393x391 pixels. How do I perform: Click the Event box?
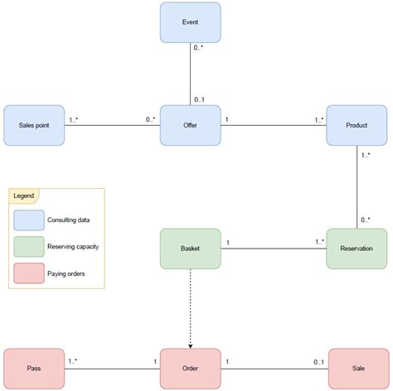point(190,23)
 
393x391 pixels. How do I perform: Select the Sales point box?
point(34,125)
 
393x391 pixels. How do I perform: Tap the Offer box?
point(190,125)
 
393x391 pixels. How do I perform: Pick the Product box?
point(357,125)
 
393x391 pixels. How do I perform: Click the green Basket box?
point(190,248)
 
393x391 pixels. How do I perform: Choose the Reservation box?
point(357,248)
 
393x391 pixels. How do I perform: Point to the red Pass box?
point(34,369)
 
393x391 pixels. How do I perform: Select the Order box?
point(190,369)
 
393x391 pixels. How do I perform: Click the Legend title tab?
point(24,196)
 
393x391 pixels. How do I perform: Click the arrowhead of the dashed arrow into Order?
point(190,345)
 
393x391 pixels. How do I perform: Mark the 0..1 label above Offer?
point(200,99)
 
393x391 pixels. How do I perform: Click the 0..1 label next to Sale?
point(318,361)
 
